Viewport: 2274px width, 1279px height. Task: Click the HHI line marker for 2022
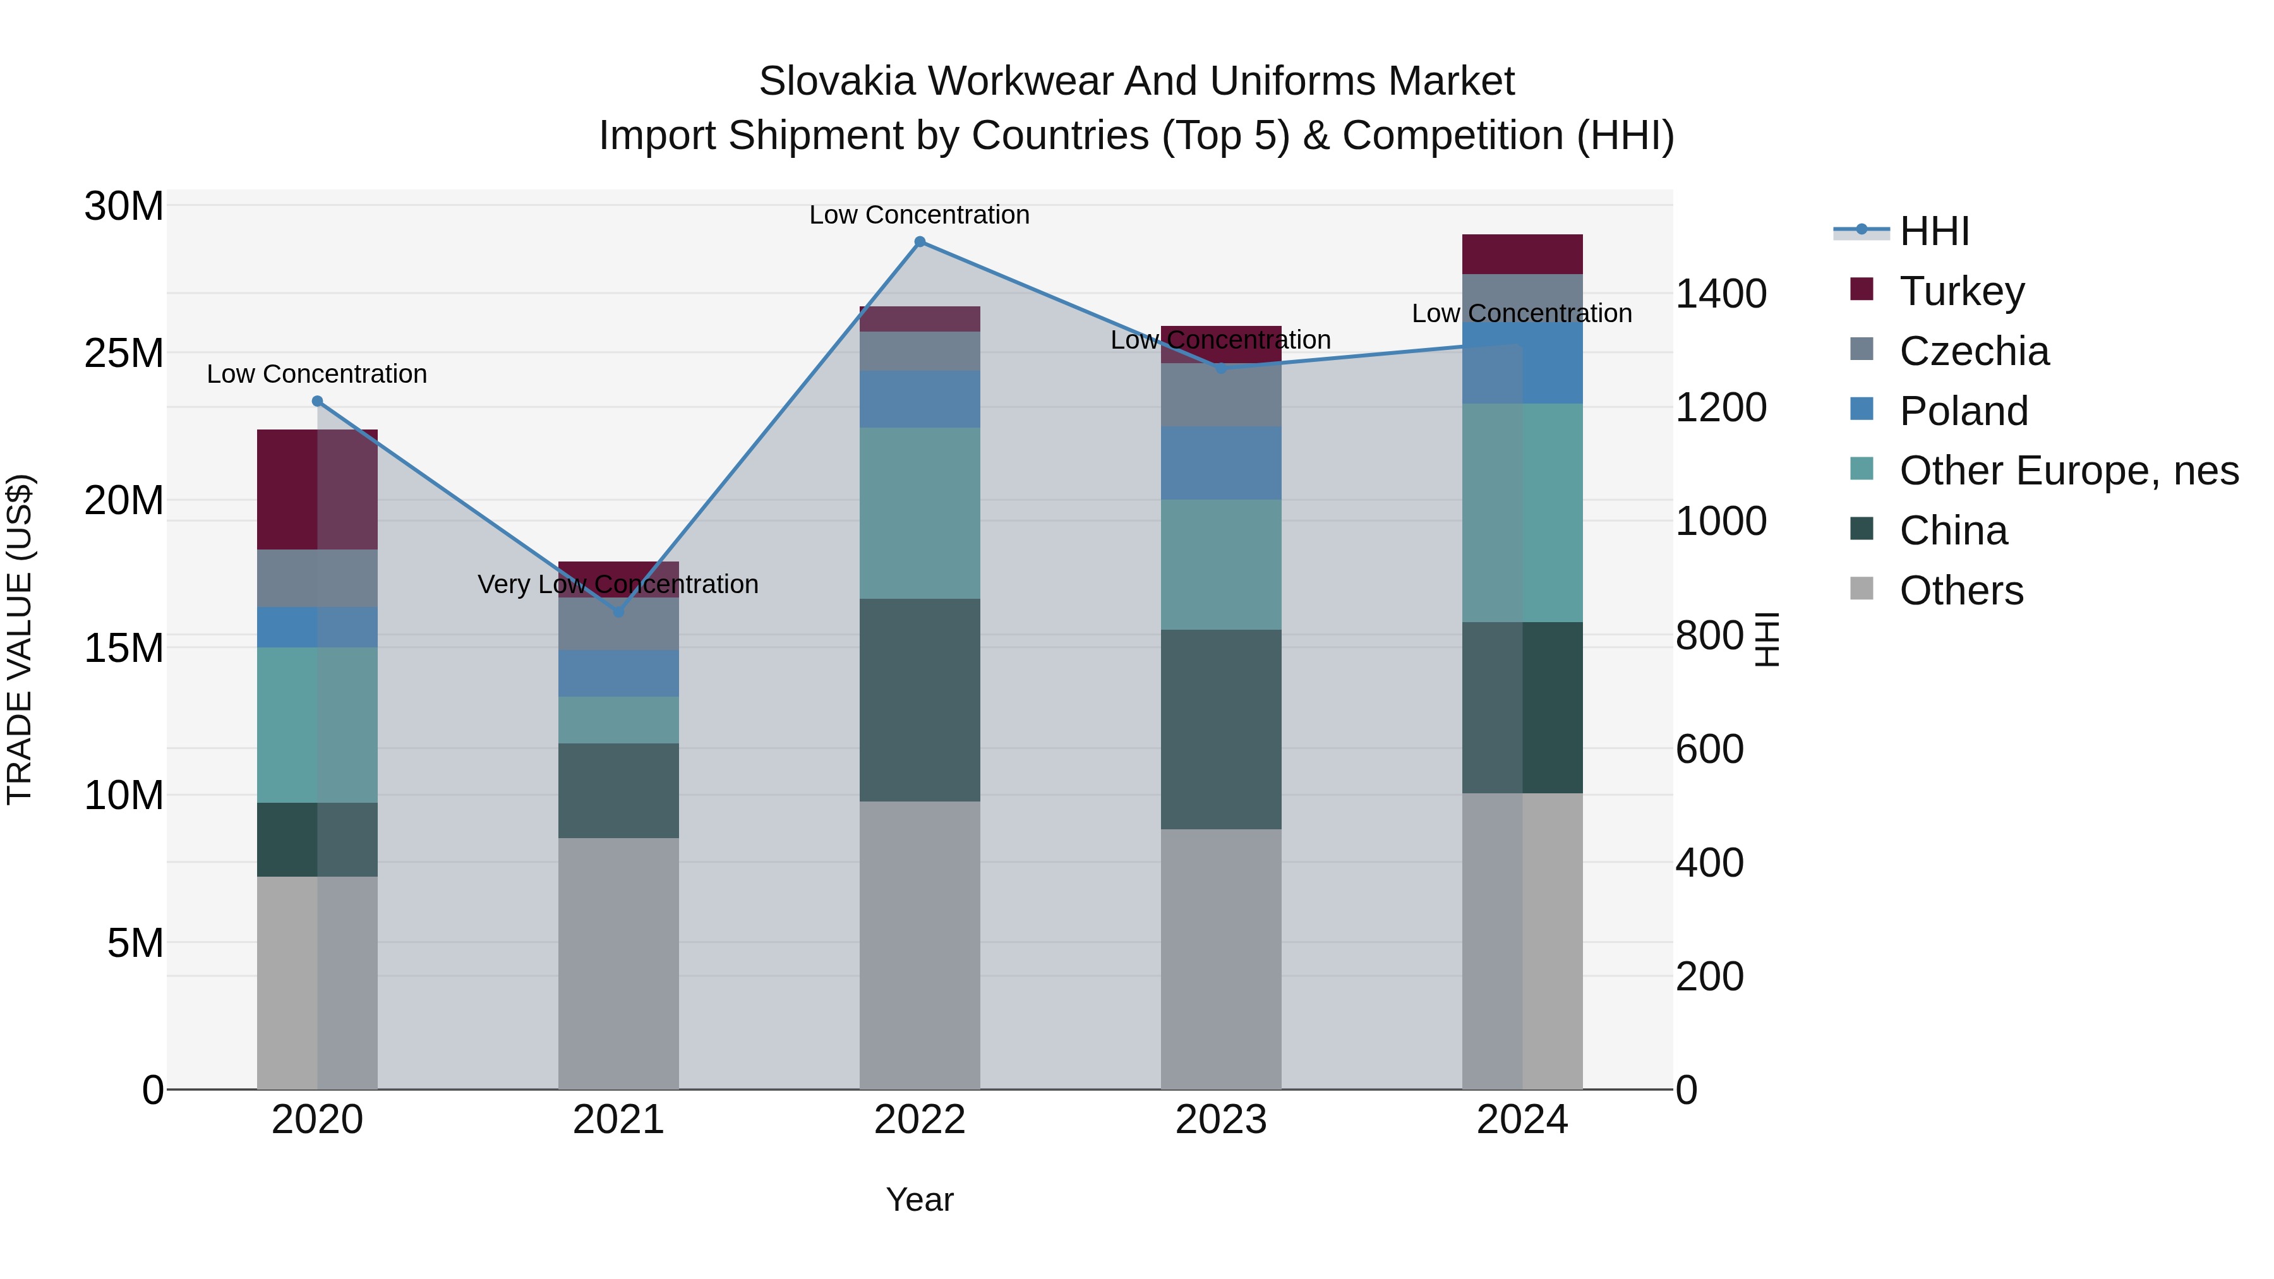click(x=920, y=242)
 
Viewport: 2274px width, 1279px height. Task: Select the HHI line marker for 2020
click(x=317, y=402)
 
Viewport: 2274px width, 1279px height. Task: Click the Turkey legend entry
click(x=1961, y=291)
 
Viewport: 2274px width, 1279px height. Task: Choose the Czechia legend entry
click(x=1974, y=351)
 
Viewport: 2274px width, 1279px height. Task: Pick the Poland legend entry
click(x=1963, y=411)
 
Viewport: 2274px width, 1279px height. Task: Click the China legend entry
click(x=1952, y=531)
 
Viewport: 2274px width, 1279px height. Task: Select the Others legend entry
click(x=1961, y=591)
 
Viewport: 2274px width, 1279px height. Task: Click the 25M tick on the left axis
click(x=124, y=354)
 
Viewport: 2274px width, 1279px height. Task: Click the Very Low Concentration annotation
click(x=618, y=584)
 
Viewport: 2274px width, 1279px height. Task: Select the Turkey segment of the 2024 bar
click(x=1522, y=254)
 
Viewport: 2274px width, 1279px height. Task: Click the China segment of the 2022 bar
click(x=920, y=700)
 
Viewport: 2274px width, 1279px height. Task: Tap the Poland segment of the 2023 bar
click(x=1221, y=464)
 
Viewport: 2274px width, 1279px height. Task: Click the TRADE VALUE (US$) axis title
click(x=20, y=639)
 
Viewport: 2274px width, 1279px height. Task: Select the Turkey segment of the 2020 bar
click(x=317, y=490)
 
